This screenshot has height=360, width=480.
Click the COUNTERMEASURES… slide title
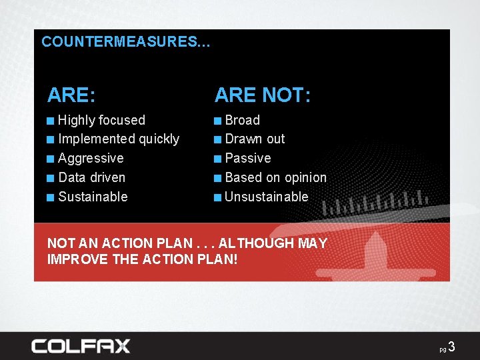pyautogui.click(x=125, y=41)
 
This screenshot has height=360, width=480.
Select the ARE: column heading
pyautogui.click(x=71, y=95)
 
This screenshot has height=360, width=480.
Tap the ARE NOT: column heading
pyautogui.click(x=262, y=95)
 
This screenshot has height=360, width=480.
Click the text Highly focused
pyautogui.click(x=101, y=120)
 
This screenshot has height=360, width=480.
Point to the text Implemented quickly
pyautogui.click(x=119, y=139)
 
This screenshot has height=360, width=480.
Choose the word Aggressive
pyautogui.click(x=91, y=158)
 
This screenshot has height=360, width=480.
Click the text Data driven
pyautogui.click(x=91, y=177)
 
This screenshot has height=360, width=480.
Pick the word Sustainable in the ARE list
pyautogui.click(x=93, y=197)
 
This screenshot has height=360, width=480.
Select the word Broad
pyautogui.click(x=242, y=120)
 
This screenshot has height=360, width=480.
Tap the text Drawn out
pyautogui.click(x=255, y=139)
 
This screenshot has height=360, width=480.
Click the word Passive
pyautogui.click(x=248, y=158)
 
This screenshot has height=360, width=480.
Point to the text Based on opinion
pyautogui.click(x=275, y=177)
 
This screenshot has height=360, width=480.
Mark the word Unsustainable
pyautogui.click(x=266, y=197)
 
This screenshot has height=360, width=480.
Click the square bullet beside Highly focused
pyautogui.click(x=51, y=121)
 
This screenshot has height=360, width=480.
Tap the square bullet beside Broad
pyautogui.click(x=218, y=121)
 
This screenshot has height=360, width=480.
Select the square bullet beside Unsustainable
pyautogui.click(x=218, y=197)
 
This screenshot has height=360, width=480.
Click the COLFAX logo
pyautogui.click(x=81, y=346)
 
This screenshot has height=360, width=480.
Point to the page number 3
pyautogui.click(x=451, y=347)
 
